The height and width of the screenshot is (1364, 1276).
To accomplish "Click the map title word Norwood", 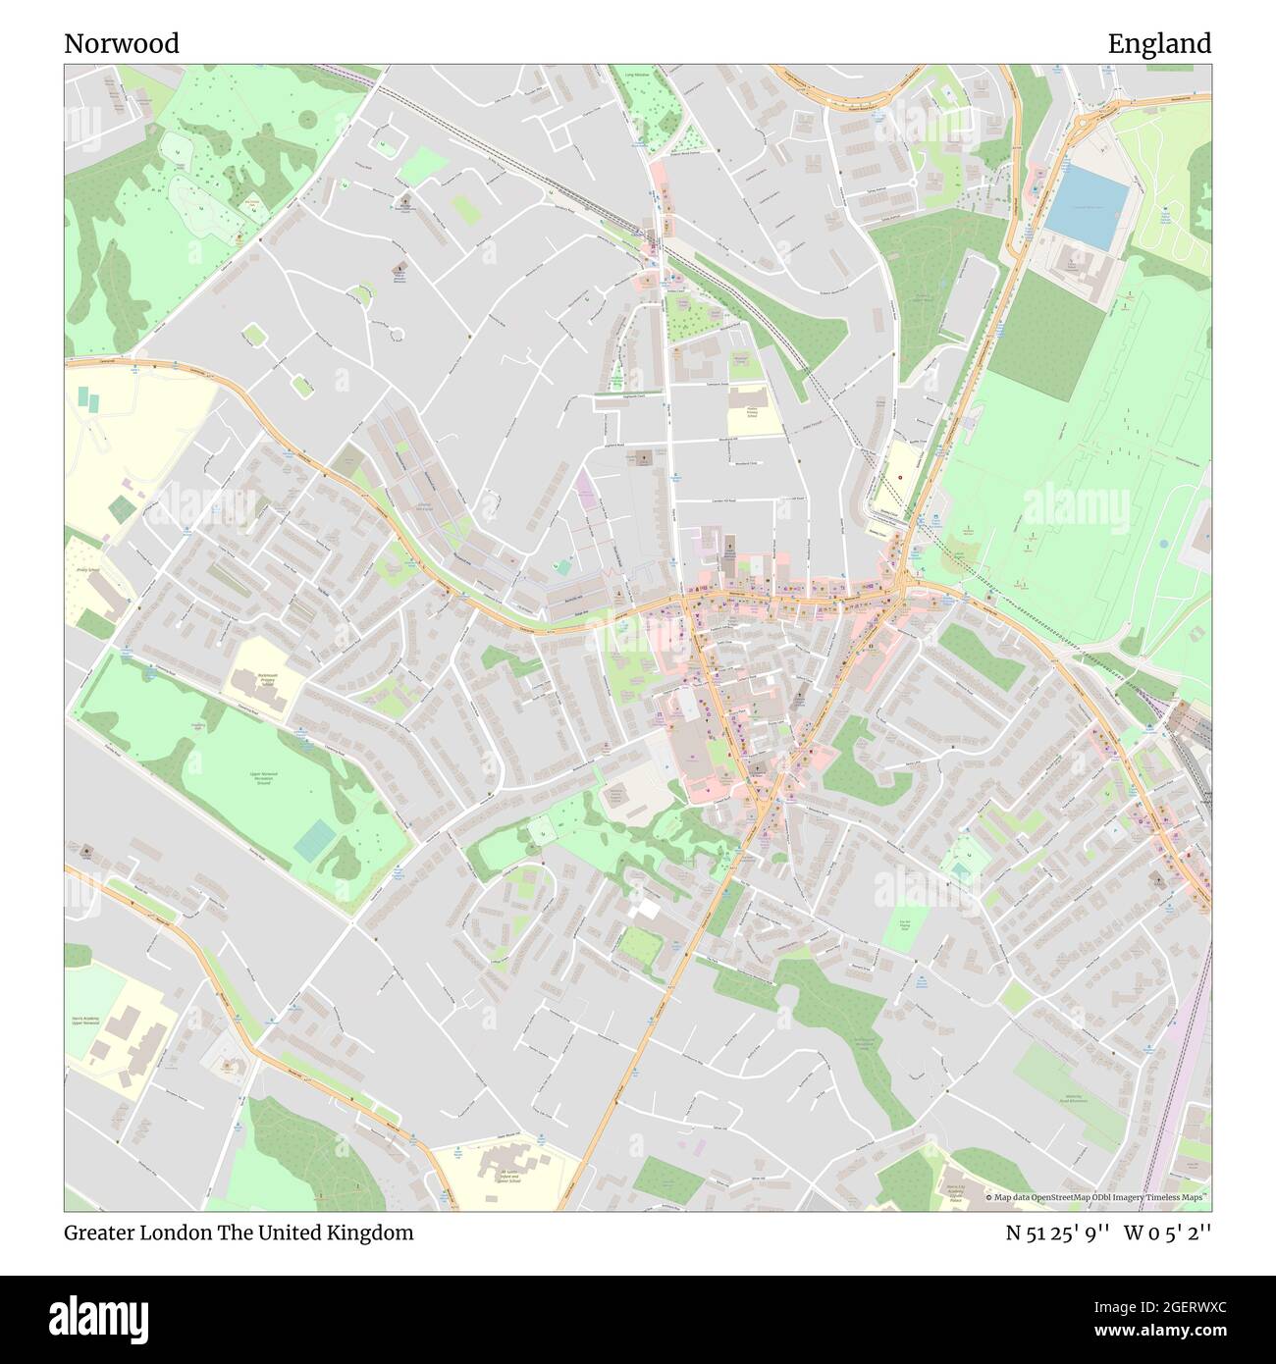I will coord(122,44).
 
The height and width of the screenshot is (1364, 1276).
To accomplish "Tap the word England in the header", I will coord(1159,44).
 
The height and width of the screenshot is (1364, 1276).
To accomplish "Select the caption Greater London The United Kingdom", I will coord(239,1233).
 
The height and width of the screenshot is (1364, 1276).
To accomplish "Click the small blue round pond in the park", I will coord(1164,543).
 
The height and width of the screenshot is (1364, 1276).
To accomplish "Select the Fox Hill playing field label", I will coord(905,925).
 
